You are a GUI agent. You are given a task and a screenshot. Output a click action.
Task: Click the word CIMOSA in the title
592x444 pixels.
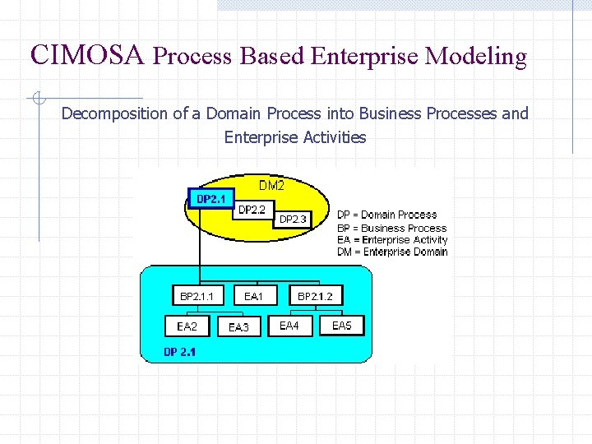point(87,55)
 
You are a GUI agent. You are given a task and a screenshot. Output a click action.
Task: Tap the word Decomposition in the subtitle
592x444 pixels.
point(114,113)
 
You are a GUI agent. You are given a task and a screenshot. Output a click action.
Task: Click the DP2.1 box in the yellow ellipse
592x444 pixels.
point(211,199)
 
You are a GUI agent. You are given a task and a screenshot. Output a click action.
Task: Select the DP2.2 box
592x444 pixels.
point(252,210)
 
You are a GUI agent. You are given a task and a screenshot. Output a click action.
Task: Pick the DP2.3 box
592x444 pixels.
point(293,220)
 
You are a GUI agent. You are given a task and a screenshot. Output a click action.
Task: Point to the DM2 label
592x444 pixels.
point(271,186)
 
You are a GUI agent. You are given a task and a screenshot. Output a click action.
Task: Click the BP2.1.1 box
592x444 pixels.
point(197,296)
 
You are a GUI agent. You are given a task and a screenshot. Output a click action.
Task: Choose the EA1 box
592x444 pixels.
point(253,296)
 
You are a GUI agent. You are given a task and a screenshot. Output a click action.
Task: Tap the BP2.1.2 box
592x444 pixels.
point(315,296)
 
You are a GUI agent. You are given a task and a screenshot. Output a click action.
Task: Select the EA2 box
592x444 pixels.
point(187,326)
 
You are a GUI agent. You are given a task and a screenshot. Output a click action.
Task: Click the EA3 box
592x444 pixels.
point(238,327)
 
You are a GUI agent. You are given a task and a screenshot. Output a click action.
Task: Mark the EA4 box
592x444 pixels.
point(289,326)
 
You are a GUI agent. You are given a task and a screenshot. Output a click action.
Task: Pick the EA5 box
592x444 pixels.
point(341,326)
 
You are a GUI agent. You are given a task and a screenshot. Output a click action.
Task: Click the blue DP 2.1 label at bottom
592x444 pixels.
point(179,352)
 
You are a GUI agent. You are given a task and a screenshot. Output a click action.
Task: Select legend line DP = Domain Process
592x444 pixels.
point(386,215)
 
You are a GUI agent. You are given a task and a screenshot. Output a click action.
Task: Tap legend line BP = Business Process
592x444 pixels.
point(391,228)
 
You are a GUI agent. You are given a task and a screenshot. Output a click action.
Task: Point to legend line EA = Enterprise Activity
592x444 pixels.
point(392,240)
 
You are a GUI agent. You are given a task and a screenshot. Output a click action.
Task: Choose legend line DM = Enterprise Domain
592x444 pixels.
point(392,252)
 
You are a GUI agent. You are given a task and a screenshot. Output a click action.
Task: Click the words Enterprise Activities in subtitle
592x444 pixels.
point(295,137)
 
